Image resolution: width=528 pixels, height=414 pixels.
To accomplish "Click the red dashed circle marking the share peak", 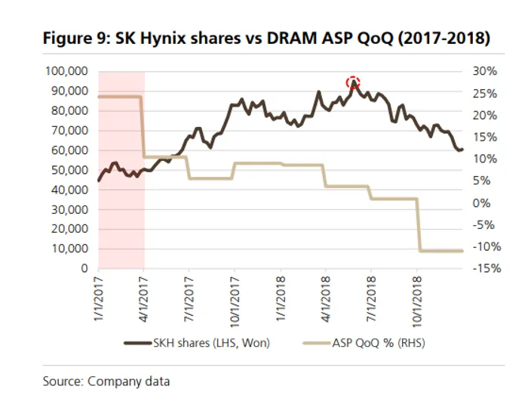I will [x=353, y=83].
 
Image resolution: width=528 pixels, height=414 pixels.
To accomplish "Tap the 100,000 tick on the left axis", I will [x=66, y=71].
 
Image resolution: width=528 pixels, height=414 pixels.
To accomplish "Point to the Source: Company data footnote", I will [x=106, y=382].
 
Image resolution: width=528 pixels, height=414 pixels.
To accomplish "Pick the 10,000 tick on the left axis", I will [x=69, y=249].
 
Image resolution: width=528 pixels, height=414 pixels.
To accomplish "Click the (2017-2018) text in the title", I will [x=442, y=39].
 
